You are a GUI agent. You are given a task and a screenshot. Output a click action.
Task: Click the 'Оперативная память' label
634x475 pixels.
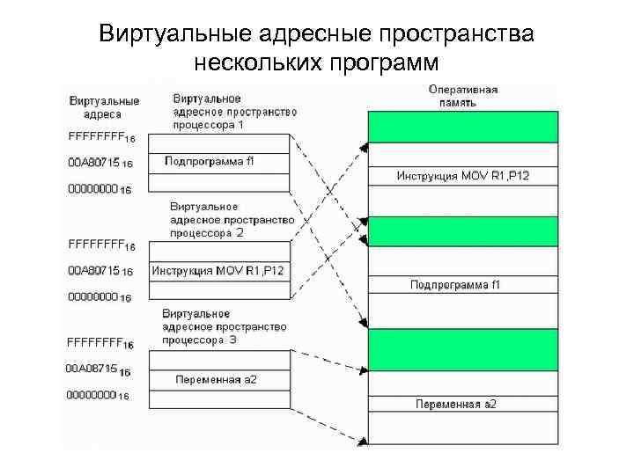pos(463,95)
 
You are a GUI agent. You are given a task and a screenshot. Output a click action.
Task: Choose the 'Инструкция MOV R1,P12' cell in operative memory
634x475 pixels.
pos(463,177)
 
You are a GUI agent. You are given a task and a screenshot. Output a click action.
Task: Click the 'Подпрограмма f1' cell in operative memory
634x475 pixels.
pos(463,284)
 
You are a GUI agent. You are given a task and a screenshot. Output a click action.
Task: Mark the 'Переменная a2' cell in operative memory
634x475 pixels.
pos(463,405)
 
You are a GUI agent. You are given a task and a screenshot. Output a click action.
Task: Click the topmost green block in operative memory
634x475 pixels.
pos(463,127)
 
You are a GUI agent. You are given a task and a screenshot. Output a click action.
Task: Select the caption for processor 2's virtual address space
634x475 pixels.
pos(213,220)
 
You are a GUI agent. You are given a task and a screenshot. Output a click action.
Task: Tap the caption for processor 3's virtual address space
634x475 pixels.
pos(225,327)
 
